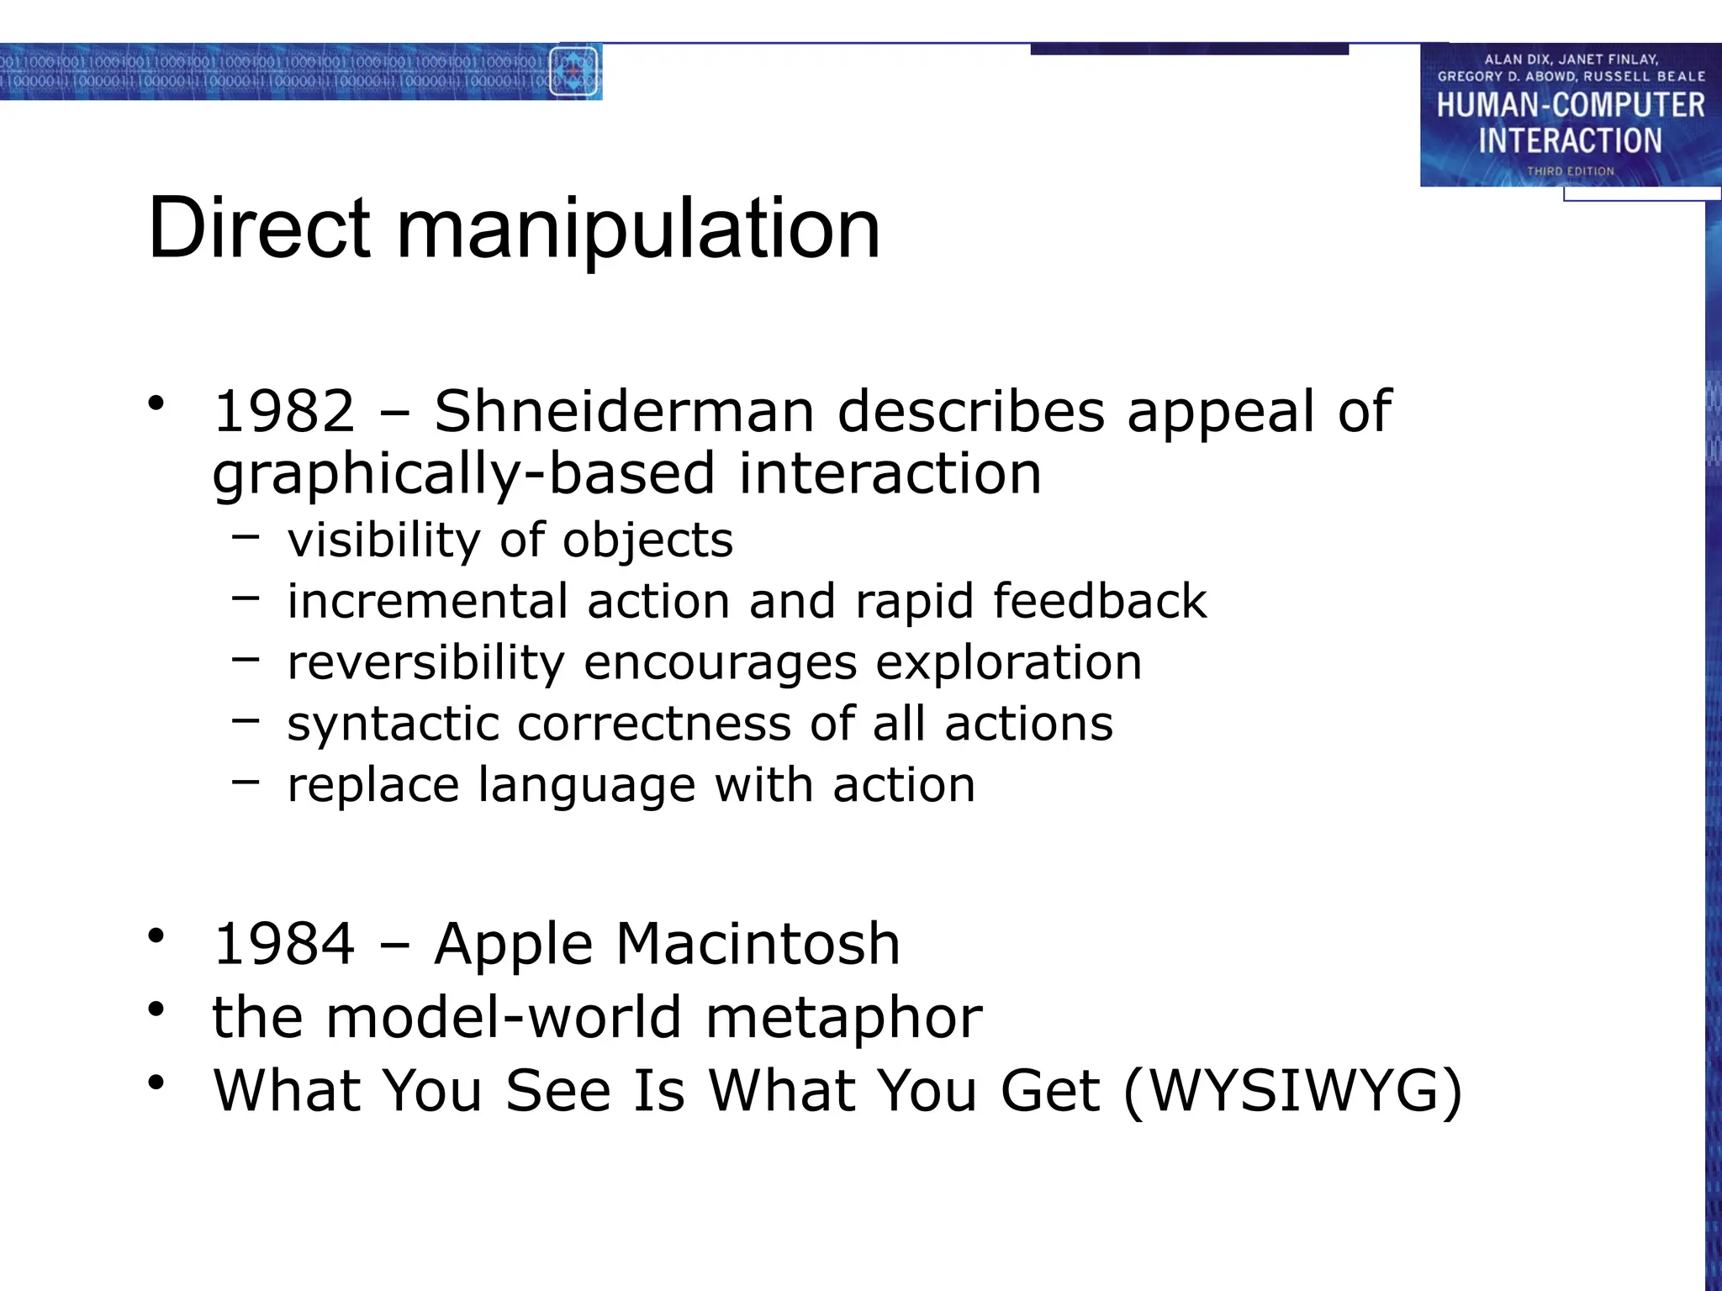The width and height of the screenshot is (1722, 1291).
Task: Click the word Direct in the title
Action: pos(258,228)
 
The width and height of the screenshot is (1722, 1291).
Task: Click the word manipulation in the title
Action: pos(638,229)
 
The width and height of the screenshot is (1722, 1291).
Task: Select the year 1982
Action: pos(285,412)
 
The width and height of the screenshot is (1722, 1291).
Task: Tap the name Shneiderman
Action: pos(624,412)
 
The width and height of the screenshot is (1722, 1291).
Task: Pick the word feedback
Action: pos(1100,601)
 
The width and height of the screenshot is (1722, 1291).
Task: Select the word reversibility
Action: pos(425,662)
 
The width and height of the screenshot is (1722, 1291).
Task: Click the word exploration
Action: pos(1009,662)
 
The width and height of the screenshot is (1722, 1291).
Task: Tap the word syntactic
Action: pos(393,724)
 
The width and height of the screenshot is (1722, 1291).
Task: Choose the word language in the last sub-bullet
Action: pos(587,785)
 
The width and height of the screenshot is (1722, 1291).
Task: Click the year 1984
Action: pos(285,944)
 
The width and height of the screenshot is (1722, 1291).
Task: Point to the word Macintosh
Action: pos(758,944)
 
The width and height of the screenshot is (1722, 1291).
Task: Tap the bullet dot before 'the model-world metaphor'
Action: pos(156,1009)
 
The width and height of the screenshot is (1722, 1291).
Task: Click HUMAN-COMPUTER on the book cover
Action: pos(1571,105)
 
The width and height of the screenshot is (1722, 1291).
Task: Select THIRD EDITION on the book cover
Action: pos(1571,171)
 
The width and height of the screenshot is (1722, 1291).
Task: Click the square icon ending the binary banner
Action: pos(573,71)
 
